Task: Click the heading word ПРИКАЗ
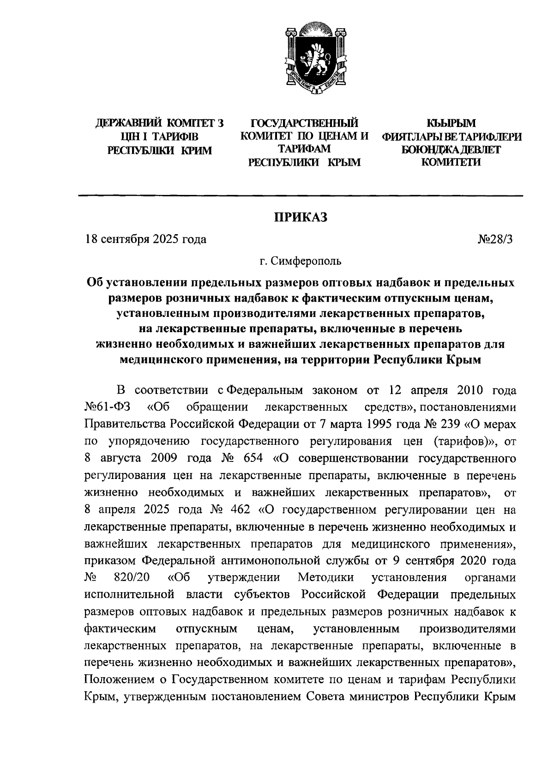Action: click(x=301, y=217)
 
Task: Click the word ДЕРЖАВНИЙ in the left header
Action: click(x=124, y=124)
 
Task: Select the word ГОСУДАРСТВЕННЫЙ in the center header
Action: click(x=304, y=123)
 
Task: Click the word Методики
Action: click(x=326, y=578)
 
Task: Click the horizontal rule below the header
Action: click(x=301, y=197)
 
